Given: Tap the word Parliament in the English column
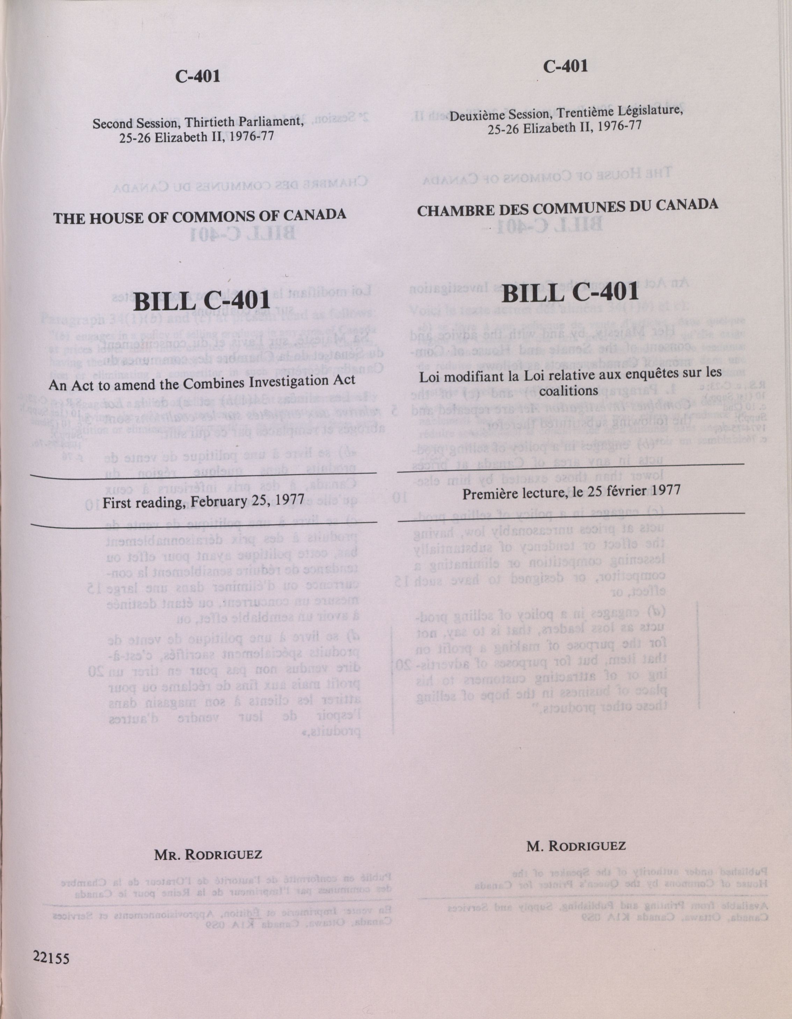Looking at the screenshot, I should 270,121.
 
